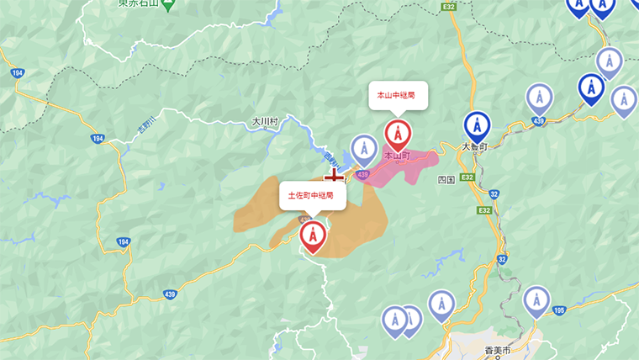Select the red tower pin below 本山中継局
pyautogui.click(x=398, y=135)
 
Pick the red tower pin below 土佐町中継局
pyautogui.click(x=313, y=236)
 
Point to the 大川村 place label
pyautogui.click(x=264, y=122)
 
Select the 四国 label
pyautogui.click(x=446, y=180)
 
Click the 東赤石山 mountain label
pyautogui.click(x=140, y=4)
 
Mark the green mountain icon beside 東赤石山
pyautogui.click(x=167, y=6)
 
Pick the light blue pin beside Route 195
pyautogui.click(x=536, y=300)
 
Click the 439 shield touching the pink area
pyautogui.click(x=362, y=174)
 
